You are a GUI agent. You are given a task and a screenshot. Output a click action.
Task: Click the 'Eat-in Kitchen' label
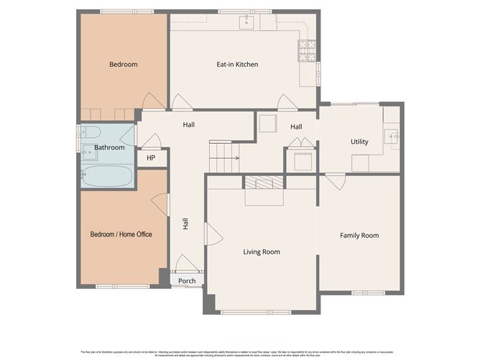[x=237, y=65]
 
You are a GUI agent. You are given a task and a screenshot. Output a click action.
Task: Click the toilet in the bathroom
[x=91, y=131]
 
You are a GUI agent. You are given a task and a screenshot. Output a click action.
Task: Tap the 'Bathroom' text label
[x=109, y=147]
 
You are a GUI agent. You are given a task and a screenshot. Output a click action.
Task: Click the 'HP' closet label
[x=151, y=158]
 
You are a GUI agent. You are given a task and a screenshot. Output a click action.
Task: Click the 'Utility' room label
[x=359, y=142]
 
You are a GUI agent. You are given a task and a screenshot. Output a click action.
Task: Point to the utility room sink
[x=392, y=134]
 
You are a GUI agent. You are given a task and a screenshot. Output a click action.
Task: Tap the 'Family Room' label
[x=359, y=236]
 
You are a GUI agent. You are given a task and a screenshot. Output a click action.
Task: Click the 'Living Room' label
[x=262, y=251]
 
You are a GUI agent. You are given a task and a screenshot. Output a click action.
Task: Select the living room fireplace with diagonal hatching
[x=264, y=183]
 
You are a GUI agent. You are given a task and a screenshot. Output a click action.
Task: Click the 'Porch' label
[x=187, y=281]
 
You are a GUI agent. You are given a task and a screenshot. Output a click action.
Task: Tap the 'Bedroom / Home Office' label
[x=121, y=234]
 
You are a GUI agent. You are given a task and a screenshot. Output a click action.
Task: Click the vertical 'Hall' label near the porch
[x=185, y=223]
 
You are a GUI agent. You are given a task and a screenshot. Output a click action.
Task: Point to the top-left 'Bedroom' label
[x=123, y=65]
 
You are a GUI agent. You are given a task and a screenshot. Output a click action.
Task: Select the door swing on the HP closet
[x=151, y=140]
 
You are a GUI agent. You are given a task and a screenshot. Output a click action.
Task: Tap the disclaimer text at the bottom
[x=240, y=354]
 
